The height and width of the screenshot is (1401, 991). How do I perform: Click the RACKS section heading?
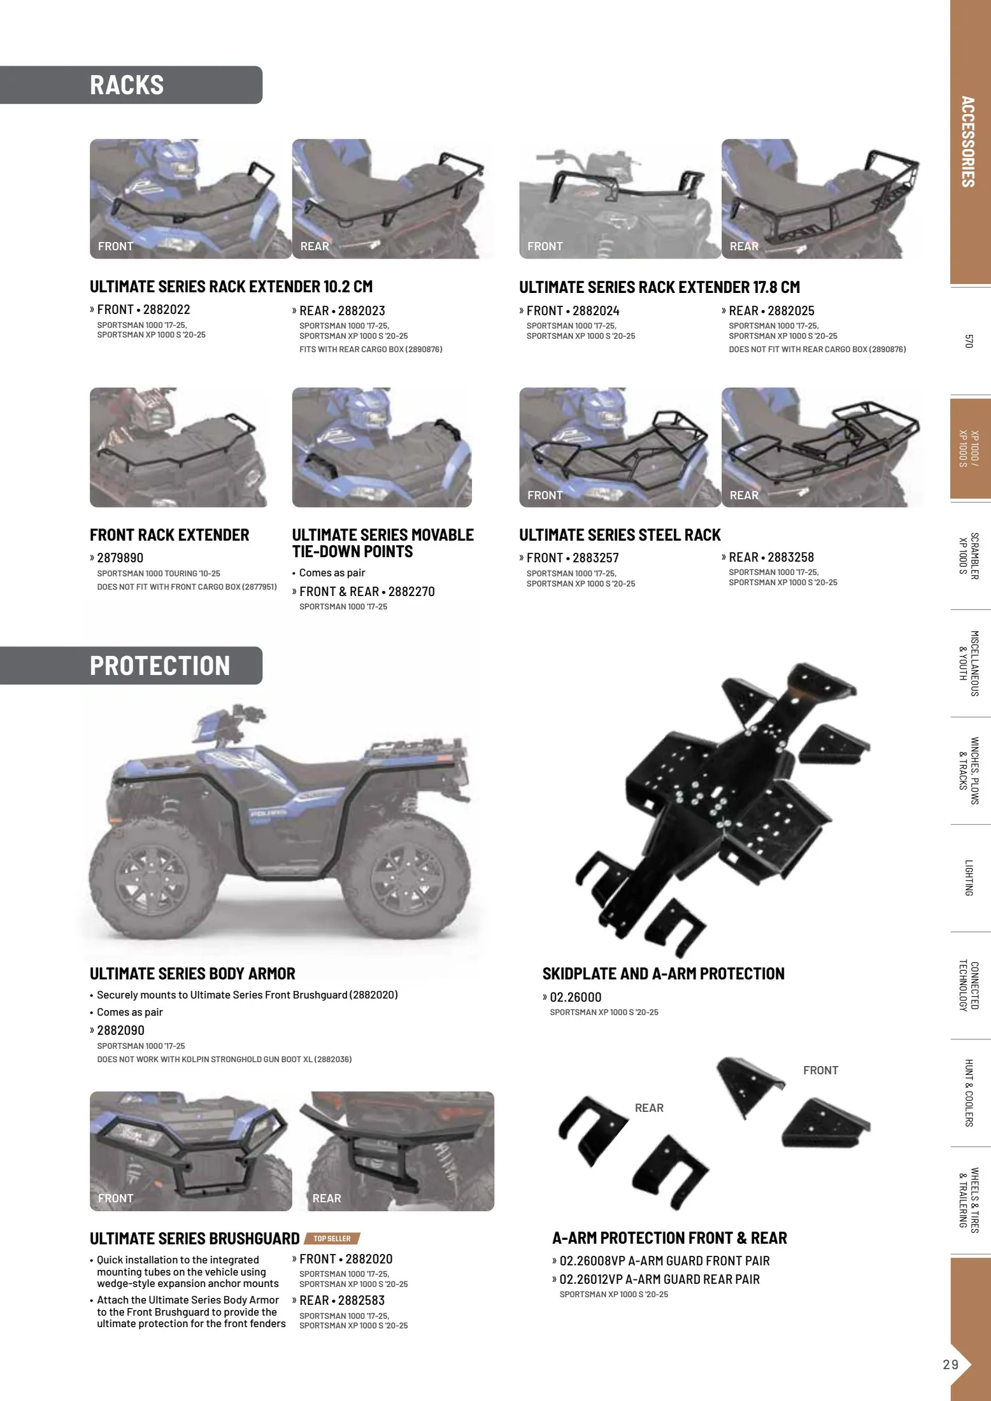coord(127,85)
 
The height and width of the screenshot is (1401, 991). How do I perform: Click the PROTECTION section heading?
coord(160,666)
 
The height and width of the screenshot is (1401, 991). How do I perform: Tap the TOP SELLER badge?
coord(332,1239)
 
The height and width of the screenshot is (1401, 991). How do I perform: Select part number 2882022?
coord(166,310)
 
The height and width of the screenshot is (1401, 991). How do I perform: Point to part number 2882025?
coord(790,311)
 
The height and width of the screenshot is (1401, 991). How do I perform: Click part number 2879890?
coord(120,558)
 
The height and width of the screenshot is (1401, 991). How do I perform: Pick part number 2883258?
coord(790,558)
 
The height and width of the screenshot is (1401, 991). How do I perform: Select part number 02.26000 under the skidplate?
coord(575,998)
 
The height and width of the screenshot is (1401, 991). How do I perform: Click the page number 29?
coord(950,1364)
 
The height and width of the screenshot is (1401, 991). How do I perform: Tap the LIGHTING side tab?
coord(969,878)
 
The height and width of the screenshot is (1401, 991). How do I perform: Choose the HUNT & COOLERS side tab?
coord(969,1093)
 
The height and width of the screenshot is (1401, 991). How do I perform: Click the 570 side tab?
coord(969,341)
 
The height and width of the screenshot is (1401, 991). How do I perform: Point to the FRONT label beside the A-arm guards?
coord(820,1071)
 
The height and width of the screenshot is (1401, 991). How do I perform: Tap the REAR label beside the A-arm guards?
coord(649,1109)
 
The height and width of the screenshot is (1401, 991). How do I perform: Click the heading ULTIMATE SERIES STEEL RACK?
coord(620,536)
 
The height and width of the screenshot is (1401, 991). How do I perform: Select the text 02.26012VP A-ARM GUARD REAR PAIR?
coord(659,1279)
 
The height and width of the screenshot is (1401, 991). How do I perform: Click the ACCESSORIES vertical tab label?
coord(968,141)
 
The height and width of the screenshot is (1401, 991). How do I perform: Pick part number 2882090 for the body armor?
coord(120,1030)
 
